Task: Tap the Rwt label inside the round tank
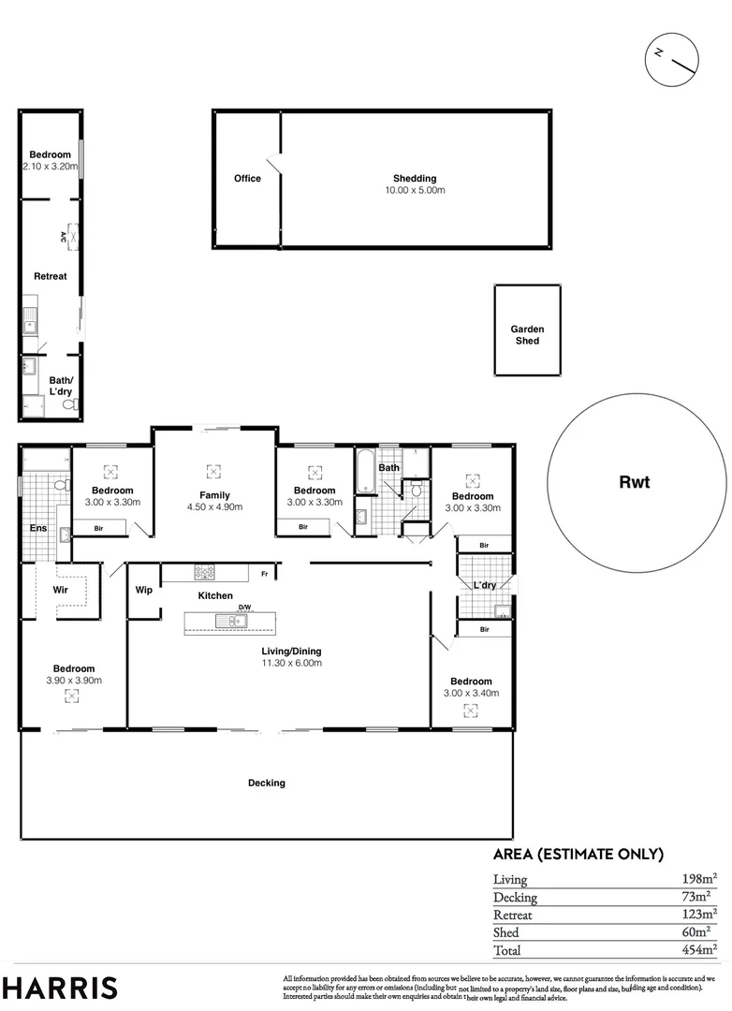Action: pos(634,483)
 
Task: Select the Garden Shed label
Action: pos(527,335)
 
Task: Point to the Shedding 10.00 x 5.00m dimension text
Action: pos(415,190)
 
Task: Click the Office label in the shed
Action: pos(247,179)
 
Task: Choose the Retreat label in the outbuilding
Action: pos(51,276)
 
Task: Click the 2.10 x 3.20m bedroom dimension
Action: pos(49,167)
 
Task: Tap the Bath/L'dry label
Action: pos(61,387)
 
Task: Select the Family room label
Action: pos(214,495)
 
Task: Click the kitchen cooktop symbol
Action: pos(206,571)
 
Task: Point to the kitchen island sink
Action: pos(228,622)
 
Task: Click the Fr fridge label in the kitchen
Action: pos(265,574)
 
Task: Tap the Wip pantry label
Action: pos(144,590)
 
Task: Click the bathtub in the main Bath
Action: pos(364,474)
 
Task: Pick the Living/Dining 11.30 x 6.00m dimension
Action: pos(293,663)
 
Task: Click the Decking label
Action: pos(267,783)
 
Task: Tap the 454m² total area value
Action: pos(700,949)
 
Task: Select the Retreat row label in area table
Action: pos(513,915)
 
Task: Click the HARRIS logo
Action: pos(60,987)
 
